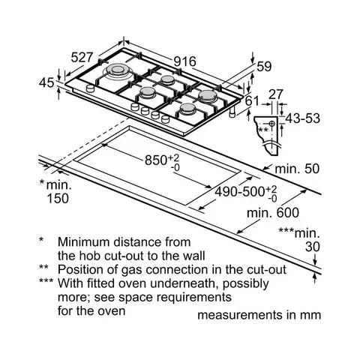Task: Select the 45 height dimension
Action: pyautogui.click(x=46, y=82)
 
